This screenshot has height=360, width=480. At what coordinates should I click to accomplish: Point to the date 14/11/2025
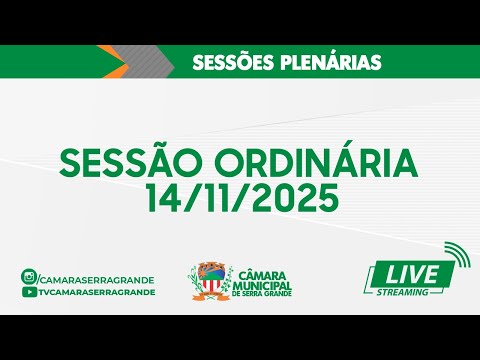click(x=239, y=197)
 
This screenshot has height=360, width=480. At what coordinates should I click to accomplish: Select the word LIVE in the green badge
click(x=407, y=273)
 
